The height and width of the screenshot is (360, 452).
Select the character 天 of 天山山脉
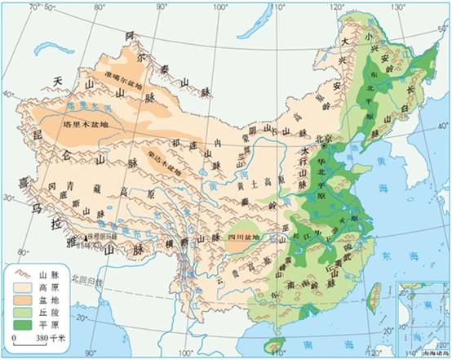(x=57, y=81)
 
